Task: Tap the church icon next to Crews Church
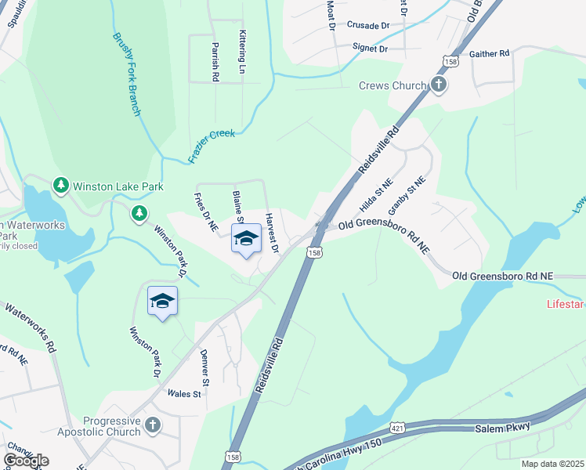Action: pyautogui.click(x=439, y=84)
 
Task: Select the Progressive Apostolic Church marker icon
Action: pyautogui.click(x=153, y=425)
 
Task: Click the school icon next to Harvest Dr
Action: pyautogui.click(x=246, y=238)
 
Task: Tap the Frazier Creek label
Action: pyautogui.click(x=212, y=146)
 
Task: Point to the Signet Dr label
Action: pyautogui.click(x=370, y=49)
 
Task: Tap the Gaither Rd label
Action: pyautogui.click(x=489, y=53)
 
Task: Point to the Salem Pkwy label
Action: pyautogui.click(x=502, y=427)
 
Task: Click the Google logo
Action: pyautogui.click(x=27, y=460)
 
